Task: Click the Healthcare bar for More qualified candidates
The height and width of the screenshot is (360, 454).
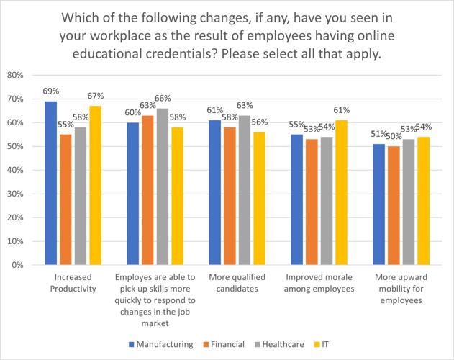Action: tap(245, 190)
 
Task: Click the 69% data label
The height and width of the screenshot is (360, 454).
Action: tap(50, 91)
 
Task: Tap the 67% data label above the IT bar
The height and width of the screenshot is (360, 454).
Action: tap(96, 96)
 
